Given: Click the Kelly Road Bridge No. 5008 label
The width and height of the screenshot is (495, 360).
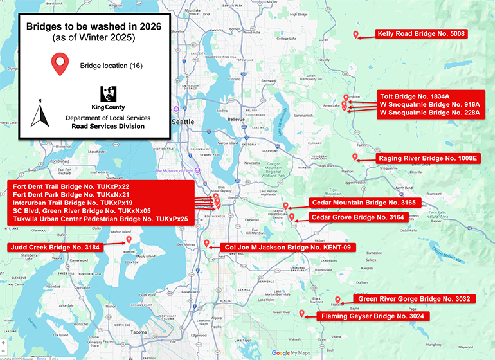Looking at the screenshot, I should click(421, 34).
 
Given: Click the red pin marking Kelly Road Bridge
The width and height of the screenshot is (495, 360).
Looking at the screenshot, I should click(355, 35).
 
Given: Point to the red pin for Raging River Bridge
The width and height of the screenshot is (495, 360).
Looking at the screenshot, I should click(355, 157).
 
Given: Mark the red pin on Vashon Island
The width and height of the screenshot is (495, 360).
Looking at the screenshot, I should click(129, 240).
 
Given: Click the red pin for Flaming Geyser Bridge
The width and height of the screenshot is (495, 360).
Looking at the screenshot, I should click(302, 313).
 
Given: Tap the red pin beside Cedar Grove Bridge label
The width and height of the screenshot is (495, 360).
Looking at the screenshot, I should click(292, 217).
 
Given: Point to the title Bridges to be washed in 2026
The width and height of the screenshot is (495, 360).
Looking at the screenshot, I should click(93, 27).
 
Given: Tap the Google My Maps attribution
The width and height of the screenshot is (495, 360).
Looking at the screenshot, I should click(291, 352).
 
